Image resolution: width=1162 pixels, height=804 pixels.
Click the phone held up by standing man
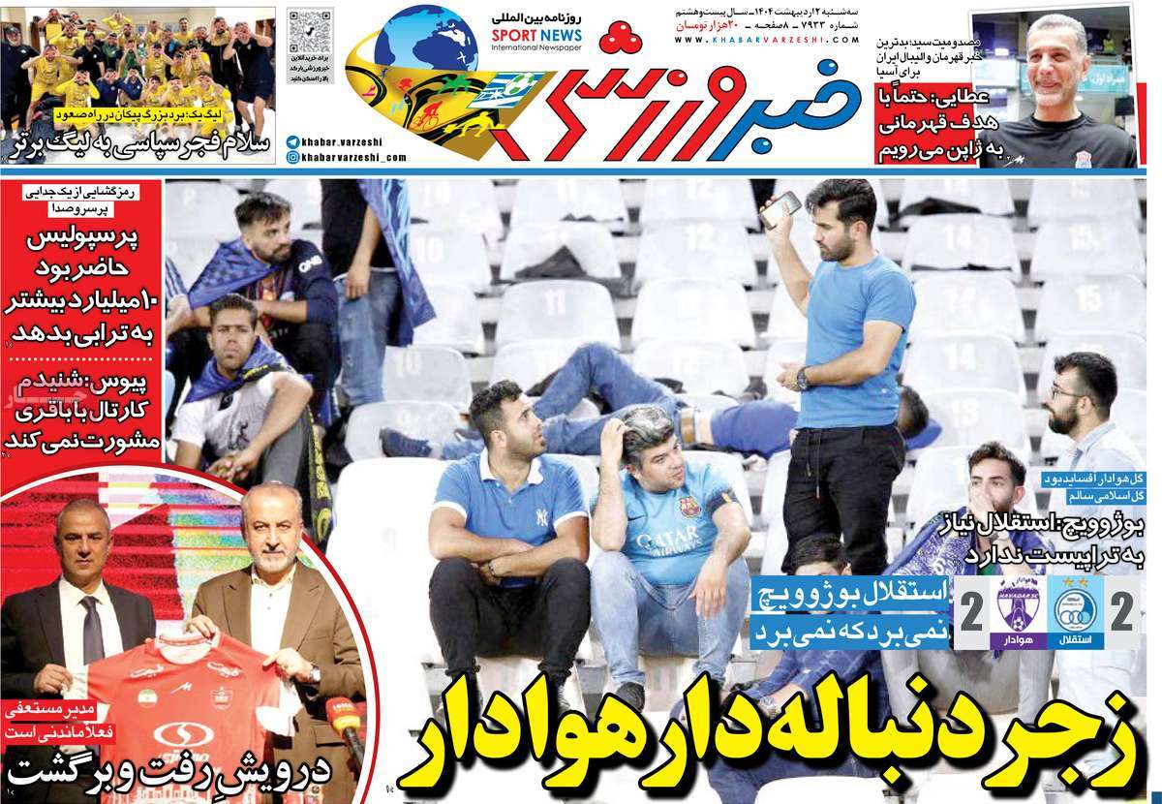click(782, 205)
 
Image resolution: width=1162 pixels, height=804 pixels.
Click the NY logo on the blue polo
click(539, 515)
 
